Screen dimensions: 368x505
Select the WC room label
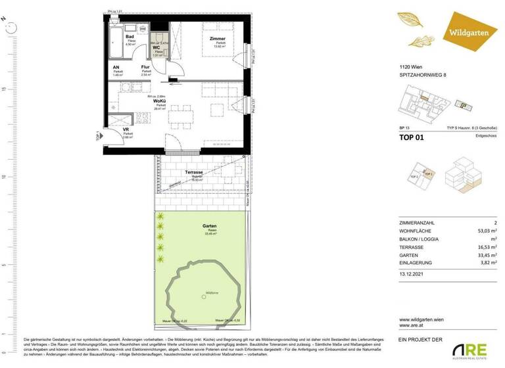click(156, 48)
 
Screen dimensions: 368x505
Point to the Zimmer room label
click(218, 39)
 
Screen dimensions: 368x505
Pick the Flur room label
click(145, 67)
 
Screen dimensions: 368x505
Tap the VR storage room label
click(126, 129)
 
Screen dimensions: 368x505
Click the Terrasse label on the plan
click(193, 172)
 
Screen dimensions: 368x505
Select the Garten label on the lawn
click(210, 227)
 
